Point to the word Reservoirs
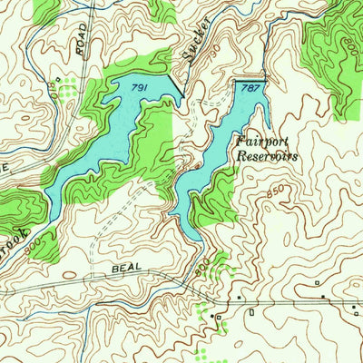coord(267,155)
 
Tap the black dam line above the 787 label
coord(250,80)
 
